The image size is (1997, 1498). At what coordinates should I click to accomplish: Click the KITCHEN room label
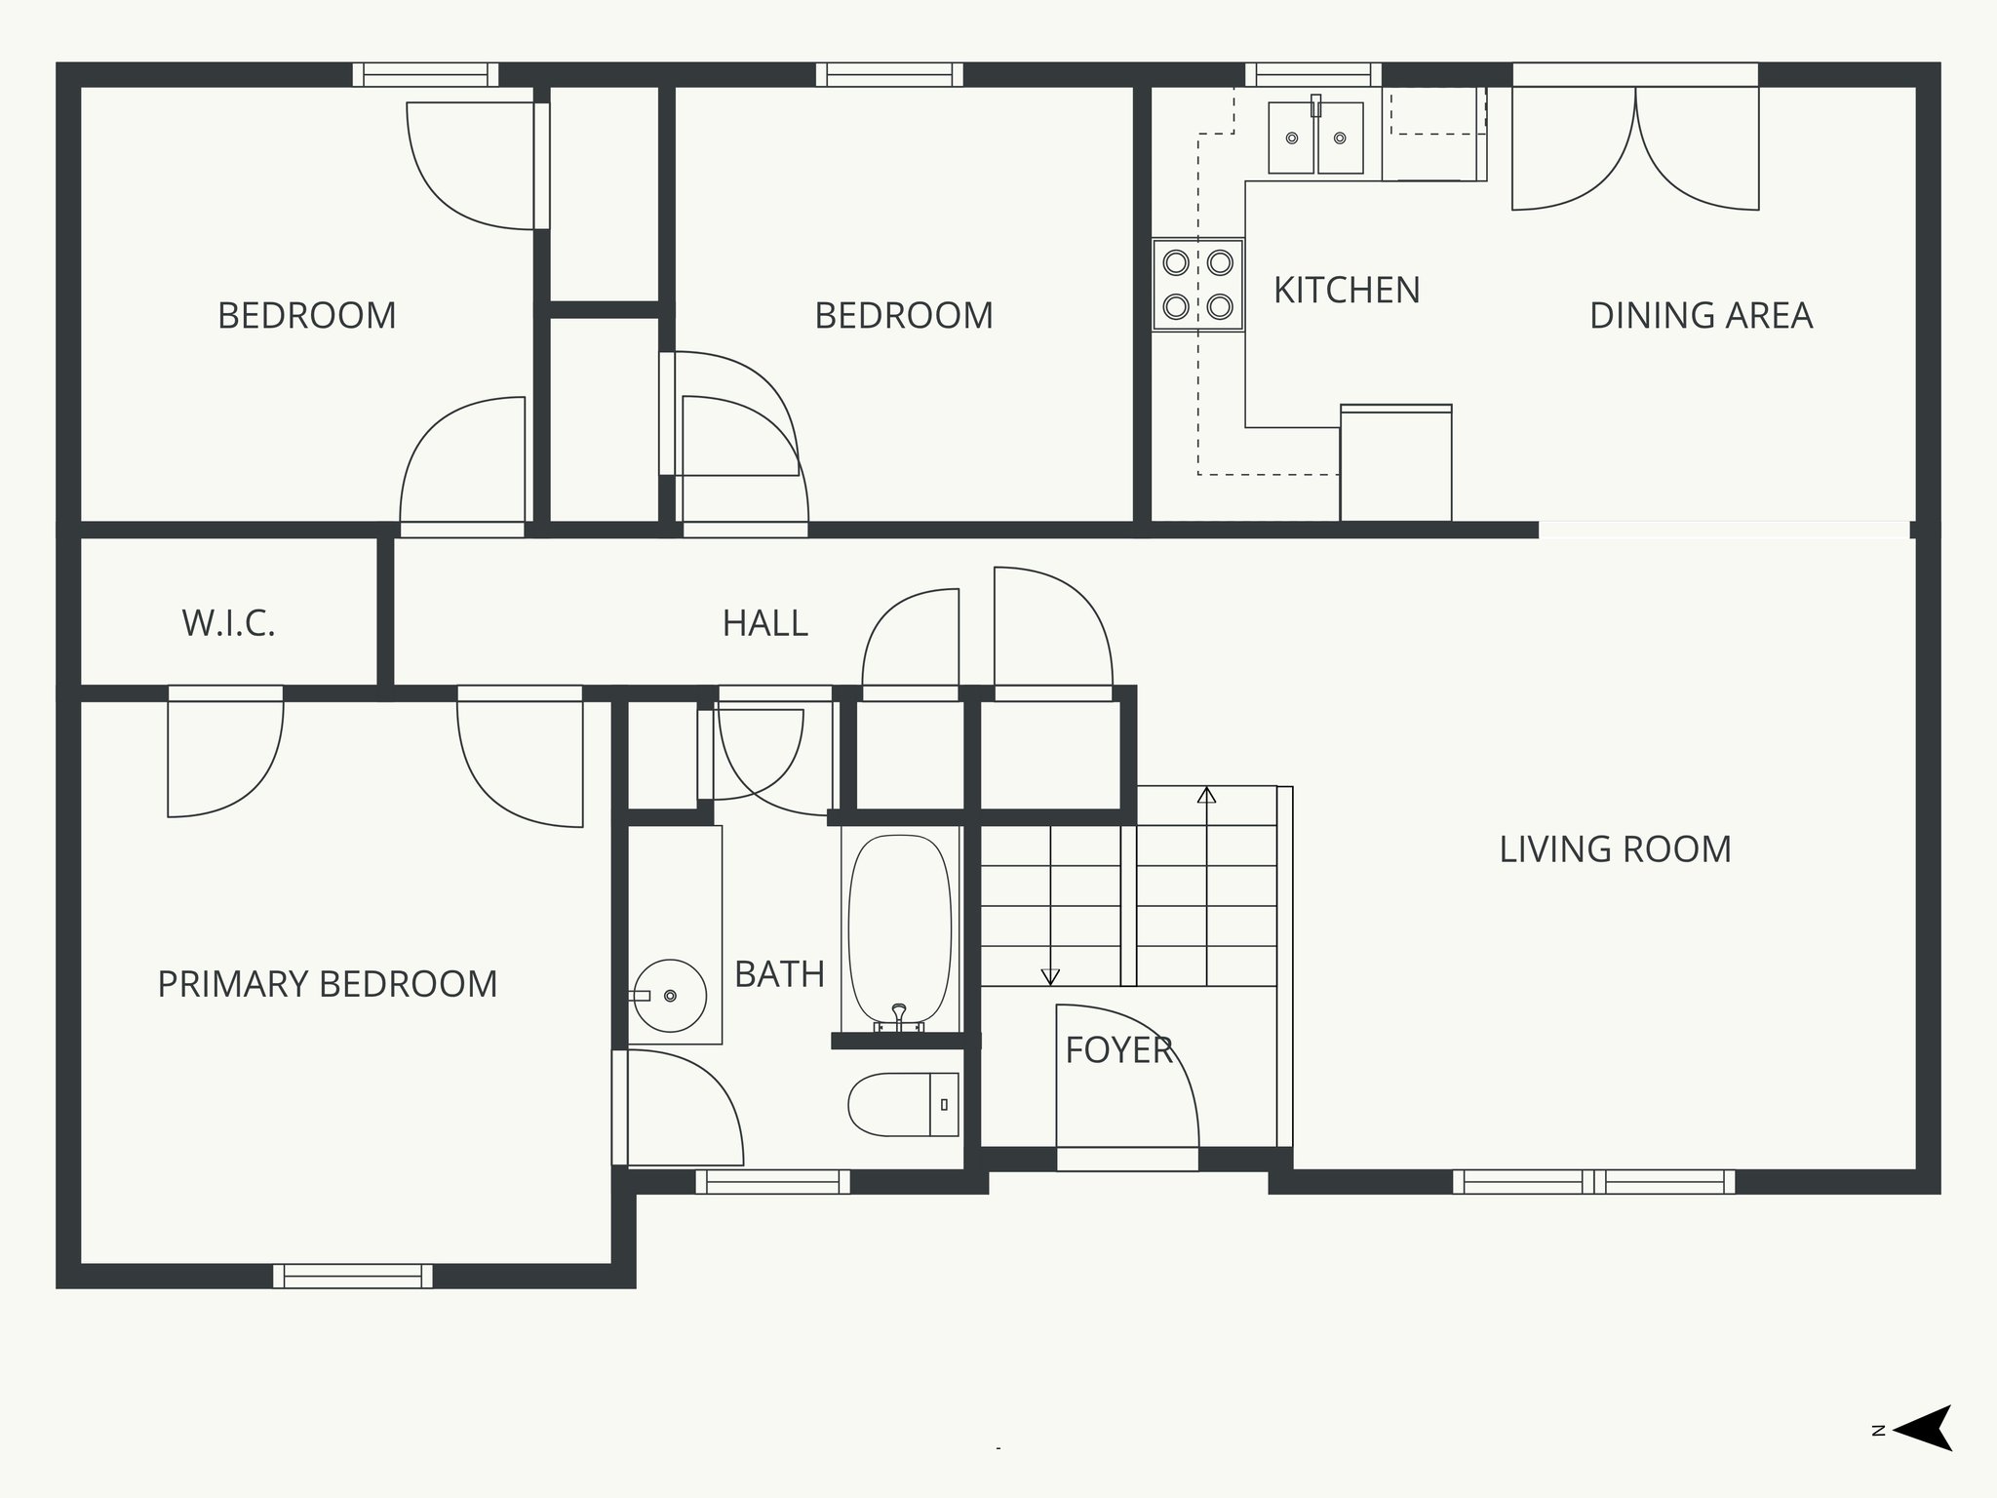tap(1347, 291)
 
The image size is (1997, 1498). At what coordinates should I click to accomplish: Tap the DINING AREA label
tap(1701, 316)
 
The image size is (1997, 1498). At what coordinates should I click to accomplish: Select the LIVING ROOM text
tap(1615, 849)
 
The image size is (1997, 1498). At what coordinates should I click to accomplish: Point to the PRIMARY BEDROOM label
tap(328, 984)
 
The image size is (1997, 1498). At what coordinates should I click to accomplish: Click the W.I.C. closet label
tap(229, 623)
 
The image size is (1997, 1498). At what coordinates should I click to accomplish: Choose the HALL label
tap(765, 623)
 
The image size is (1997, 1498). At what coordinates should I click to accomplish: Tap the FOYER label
tap(1118, 1050)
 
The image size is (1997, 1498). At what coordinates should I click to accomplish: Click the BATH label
tap(779, 974)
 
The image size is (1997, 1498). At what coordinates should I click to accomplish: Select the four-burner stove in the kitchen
tap(1198, 285)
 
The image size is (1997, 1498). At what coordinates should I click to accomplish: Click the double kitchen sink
tap(1315, 138)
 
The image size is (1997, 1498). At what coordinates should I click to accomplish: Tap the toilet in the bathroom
tap(903, 1104)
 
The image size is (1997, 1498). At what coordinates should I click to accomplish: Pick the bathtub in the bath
tap(900, 932)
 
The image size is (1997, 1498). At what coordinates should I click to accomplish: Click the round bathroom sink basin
tap(669, 995)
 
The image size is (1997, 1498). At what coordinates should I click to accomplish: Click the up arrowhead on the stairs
tap(1206, 795)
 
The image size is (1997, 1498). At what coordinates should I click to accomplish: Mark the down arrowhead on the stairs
tap(1050, 976)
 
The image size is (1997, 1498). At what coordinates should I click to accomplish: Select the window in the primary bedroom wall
tap(353, 1276)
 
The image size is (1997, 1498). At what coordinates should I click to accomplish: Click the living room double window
tap(1594, 1182)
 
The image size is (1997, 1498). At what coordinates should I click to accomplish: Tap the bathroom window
tap(773, 1182)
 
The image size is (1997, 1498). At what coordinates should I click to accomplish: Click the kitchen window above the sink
tap(1313, 75)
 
